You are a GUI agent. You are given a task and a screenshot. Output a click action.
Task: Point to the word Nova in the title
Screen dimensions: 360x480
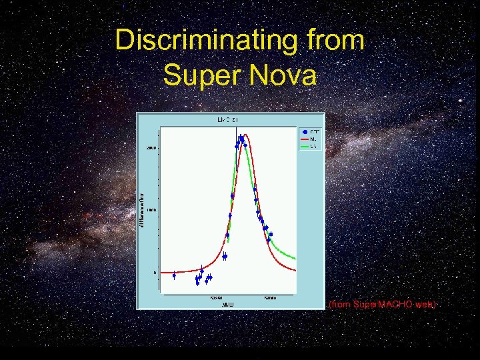(x=285, y=75)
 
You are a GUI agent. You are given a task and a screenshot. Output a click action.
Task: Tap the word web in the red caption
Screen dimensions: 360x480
(x=425, y=304)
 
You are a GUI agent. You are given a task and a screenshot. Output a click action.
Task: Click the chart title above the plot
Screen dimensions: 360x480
(x=227, y=120)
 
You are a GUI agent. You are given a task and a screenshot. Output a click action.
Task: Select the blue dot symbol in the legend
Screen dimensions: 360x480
(x=305, y=131)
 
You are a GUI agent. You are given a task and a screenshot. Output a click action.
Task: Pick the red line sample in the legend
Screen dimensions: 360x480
(x=305, y=139)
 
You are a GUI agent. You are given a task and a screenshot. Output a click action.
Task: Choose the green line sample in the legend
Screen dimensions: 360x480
(x=305, y=145)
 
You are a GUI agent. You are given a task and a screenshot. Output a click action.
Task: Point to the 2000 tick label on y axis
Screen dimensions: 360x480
(x=151, y=148)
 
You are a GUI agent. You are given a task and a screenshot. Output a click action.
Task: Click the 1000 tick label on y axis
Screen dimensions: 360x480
(x=152, y=210)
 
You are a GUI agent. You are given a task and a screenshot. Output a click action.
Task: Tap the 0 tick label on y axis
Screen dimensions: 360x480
(x=155, y=273)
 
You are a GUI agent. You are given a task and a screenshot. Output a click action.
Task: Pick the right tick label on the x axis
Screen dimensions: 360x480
(x=271, y=297)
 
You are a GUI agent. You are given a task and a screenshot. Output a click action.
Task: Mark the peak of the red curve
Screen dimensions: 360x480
(x=245, y=135)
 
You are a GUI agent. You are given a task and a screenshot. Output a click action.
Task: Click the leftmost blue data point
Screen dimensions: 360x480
(x=174, y=275)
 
